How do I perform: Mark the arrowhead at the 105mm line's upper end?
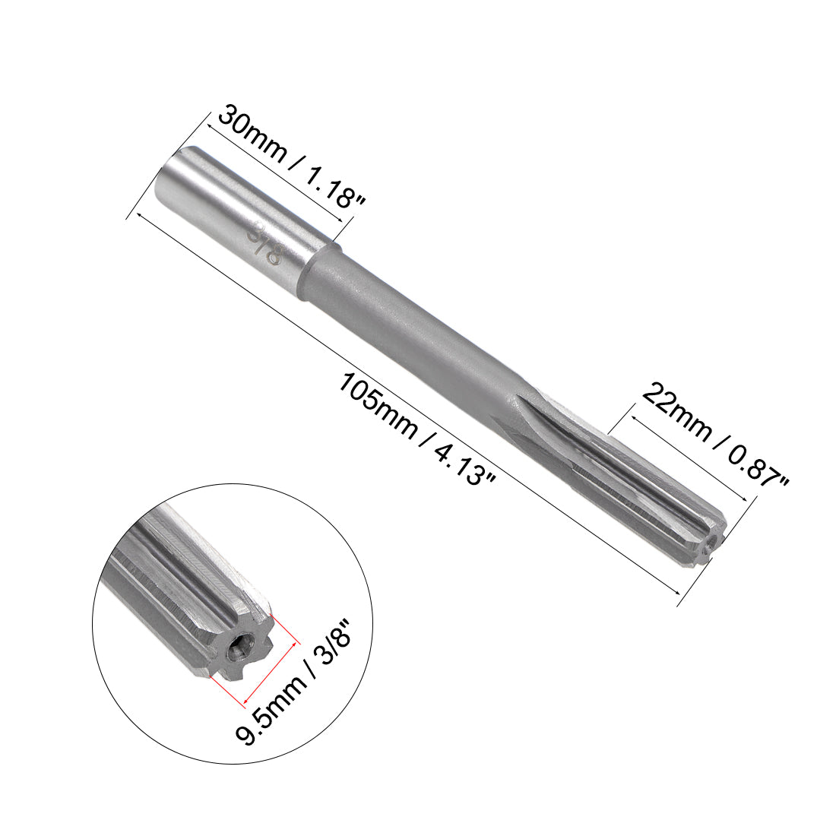pyautogui.click(x=139, y=214)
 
